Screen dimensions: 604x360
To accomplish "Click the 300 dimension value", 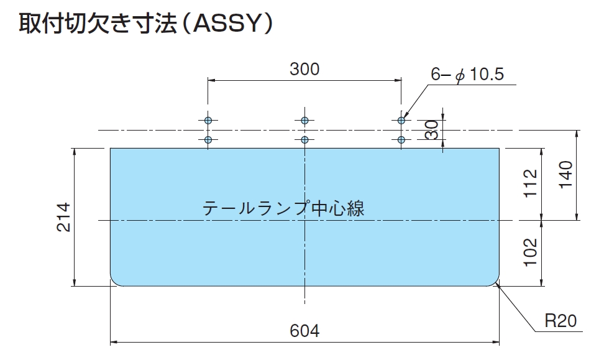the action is (x=304, y=70).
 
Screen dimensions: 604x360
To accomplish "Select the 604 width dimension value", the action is (x=304, y=331).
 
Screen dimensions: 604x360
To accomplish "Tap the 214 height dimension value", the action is (x=63, y=217).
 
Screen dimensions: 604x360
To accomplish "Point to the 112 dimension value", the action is (x=531, y=183).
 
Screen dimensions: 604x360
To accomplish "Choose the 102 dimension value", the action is (x=531, y=252).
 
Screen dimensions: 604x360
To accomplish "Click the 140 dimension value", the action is (x=565, y=175).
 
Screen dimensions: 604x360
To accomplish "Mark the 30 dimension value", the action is (x=432, y=130).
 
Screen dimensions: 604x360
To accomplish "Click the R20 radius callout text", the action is (x=561, y=321).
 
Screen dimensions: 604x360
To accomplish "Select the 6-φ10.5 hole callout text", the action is (x=467, y=74).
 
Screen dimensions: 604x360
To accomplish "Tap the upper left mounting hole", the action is (x=208, y=120).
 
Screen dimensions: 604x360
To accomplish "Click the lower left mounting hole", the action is (x=208, y=139).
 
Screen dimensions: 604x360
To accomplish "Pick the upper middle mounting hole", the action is (x=304, y=120).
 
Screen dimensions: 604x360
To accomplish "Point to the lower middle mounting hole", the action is (x=304, y=139).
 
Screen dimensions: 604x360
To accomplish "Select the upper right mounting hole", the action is (x=401, y=120).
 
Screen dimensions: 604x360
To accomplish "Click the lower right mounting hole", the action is (x=401, y=139).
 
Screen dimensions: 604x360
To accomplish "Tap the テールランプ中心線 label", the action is (x=283, y=208).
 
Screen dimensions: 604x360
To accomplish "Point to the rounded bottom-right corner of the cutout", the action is (x=496, y=282).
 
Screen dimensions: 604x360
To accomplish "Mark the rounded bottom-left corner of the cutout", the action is (x=114, y=282).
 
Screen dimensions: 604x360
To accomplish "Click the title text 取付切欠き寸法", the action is (x=98, y=24).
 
